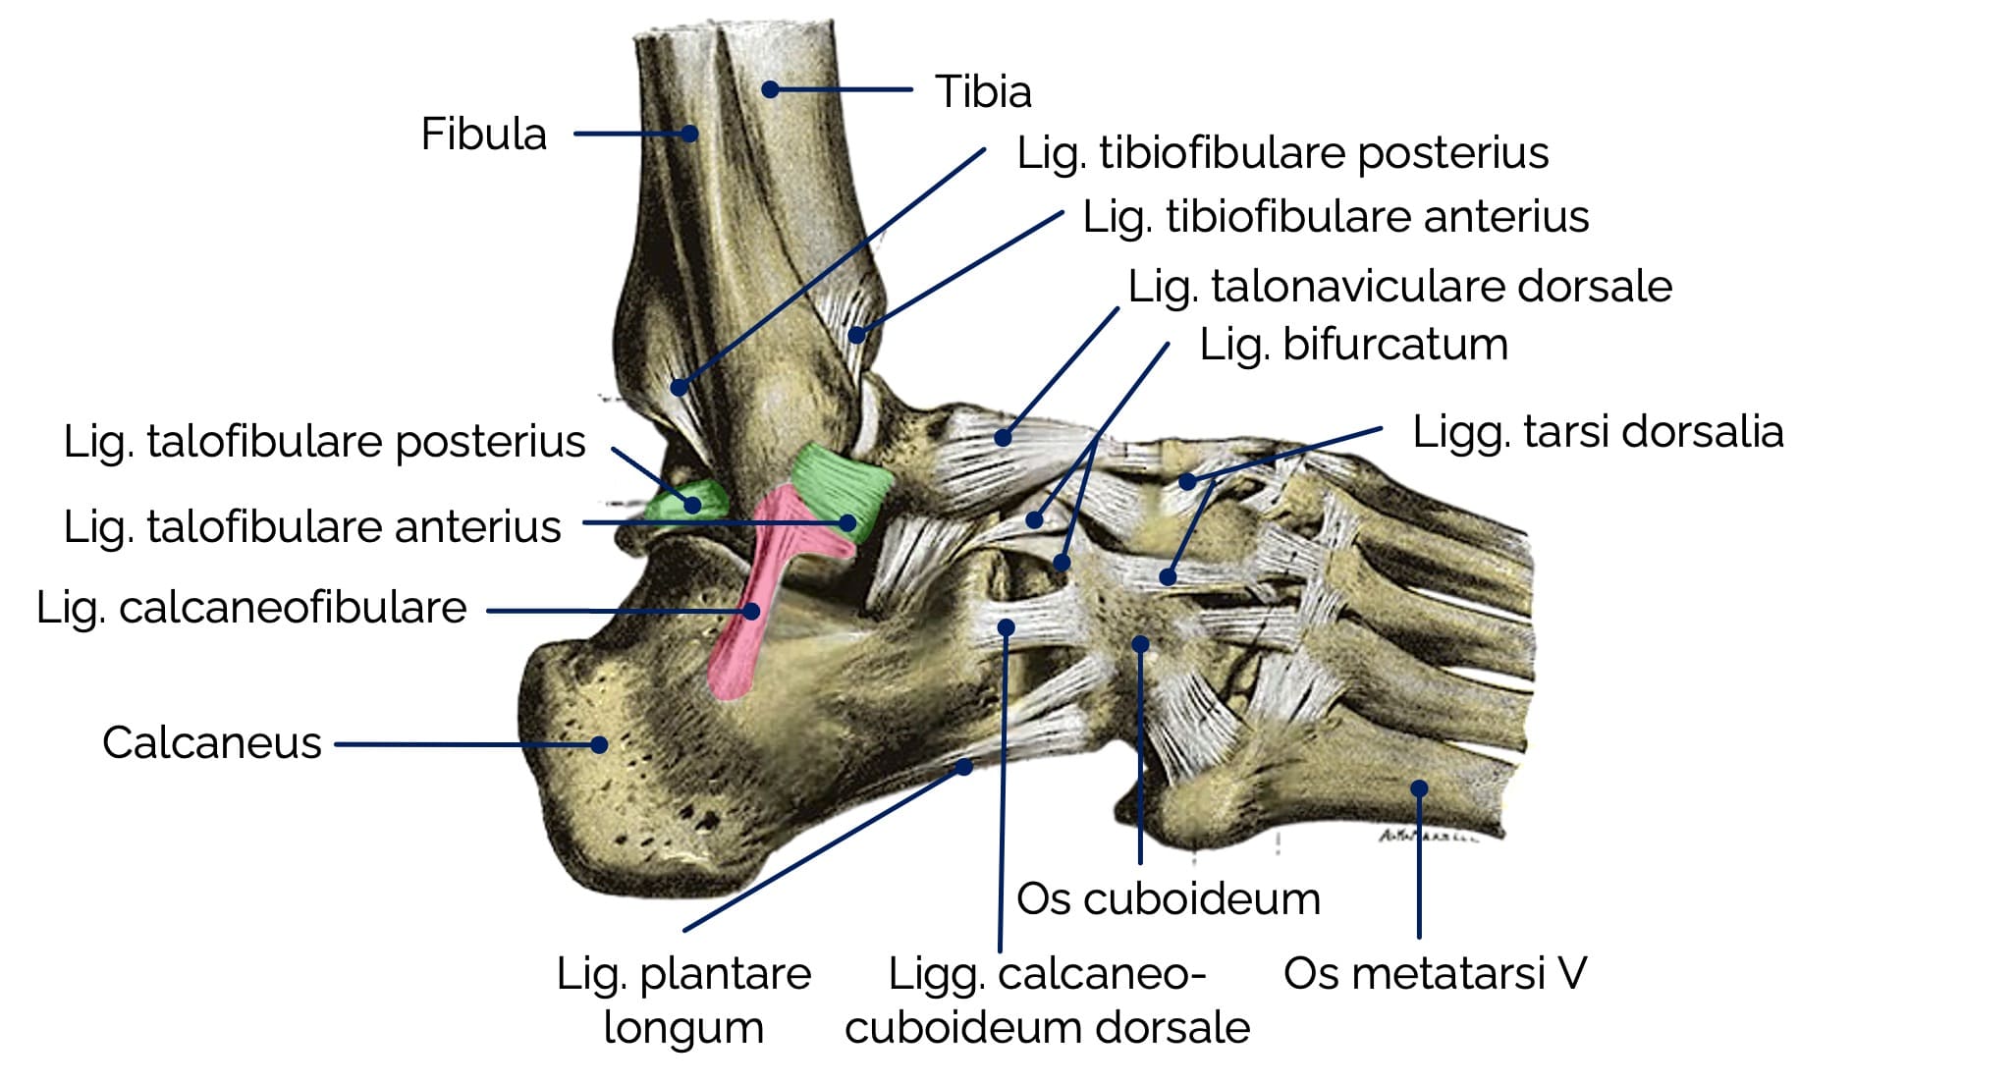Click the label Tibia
pos(982,91)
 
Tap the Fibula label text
pos(483,134)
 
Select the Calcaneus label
pos(212,743)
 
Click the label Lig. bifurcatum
pos(1353,345)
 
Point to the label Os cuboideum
pos(1168,898)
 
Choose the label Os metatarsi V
pos(1435,973)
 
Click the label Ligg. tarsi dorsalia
pos(1598,432)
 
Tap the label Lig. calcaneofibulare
pos(251,608)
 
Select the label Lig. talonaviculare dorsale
pos(1399,287)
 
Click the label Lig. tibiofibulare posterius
pos(1282,153)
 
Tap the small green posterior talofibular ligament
pos(687,499)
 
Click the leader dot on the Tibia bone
pos(771,89)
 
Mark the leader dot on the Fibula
pos(690,134)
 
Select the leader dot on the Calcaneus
pos(599,744)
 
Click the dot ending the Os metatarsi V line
pos(1419,787)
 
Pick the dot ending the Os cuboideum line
pos(1140,644)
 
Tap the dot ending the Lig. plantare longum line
pos(964,767)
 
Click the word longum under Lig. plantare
pos(683,1028)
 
